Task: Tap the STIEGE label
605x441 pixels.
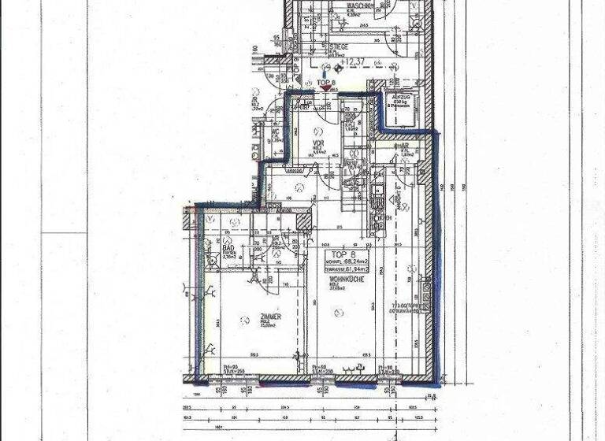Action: tap(340, 46)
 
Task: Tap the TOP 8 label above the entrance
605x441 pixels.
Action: tap(326, 81)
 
